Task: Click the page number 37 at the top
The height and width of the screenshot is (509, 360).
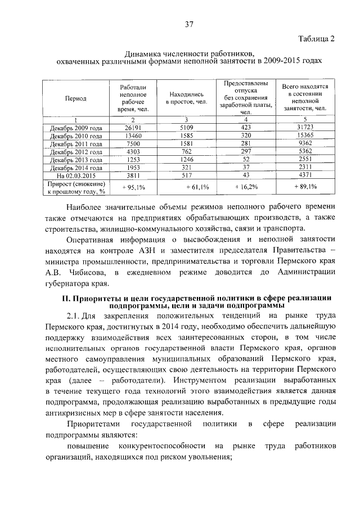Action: point(190,24)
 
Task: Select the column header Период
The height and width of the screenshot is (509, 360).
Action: point(76,98)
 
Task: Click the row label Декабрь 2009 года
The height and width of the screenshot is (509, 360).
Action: point(76,128)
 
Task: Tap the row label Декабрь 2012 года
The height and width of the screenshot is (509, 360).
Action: point(76,152)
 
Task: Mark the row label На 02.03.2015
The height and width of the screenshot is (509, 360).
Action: point(76,175)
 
